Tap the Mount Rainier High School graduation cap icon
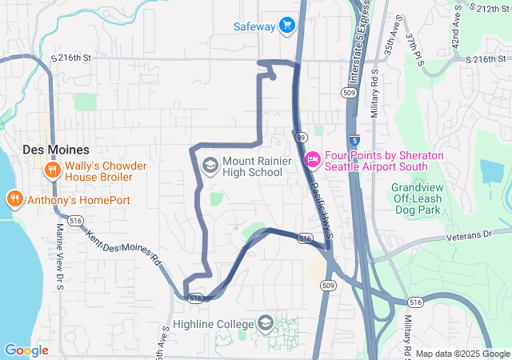coord(210,166)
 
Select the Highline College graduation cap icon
coord(265,324)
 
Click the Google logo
coord(26,350)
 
